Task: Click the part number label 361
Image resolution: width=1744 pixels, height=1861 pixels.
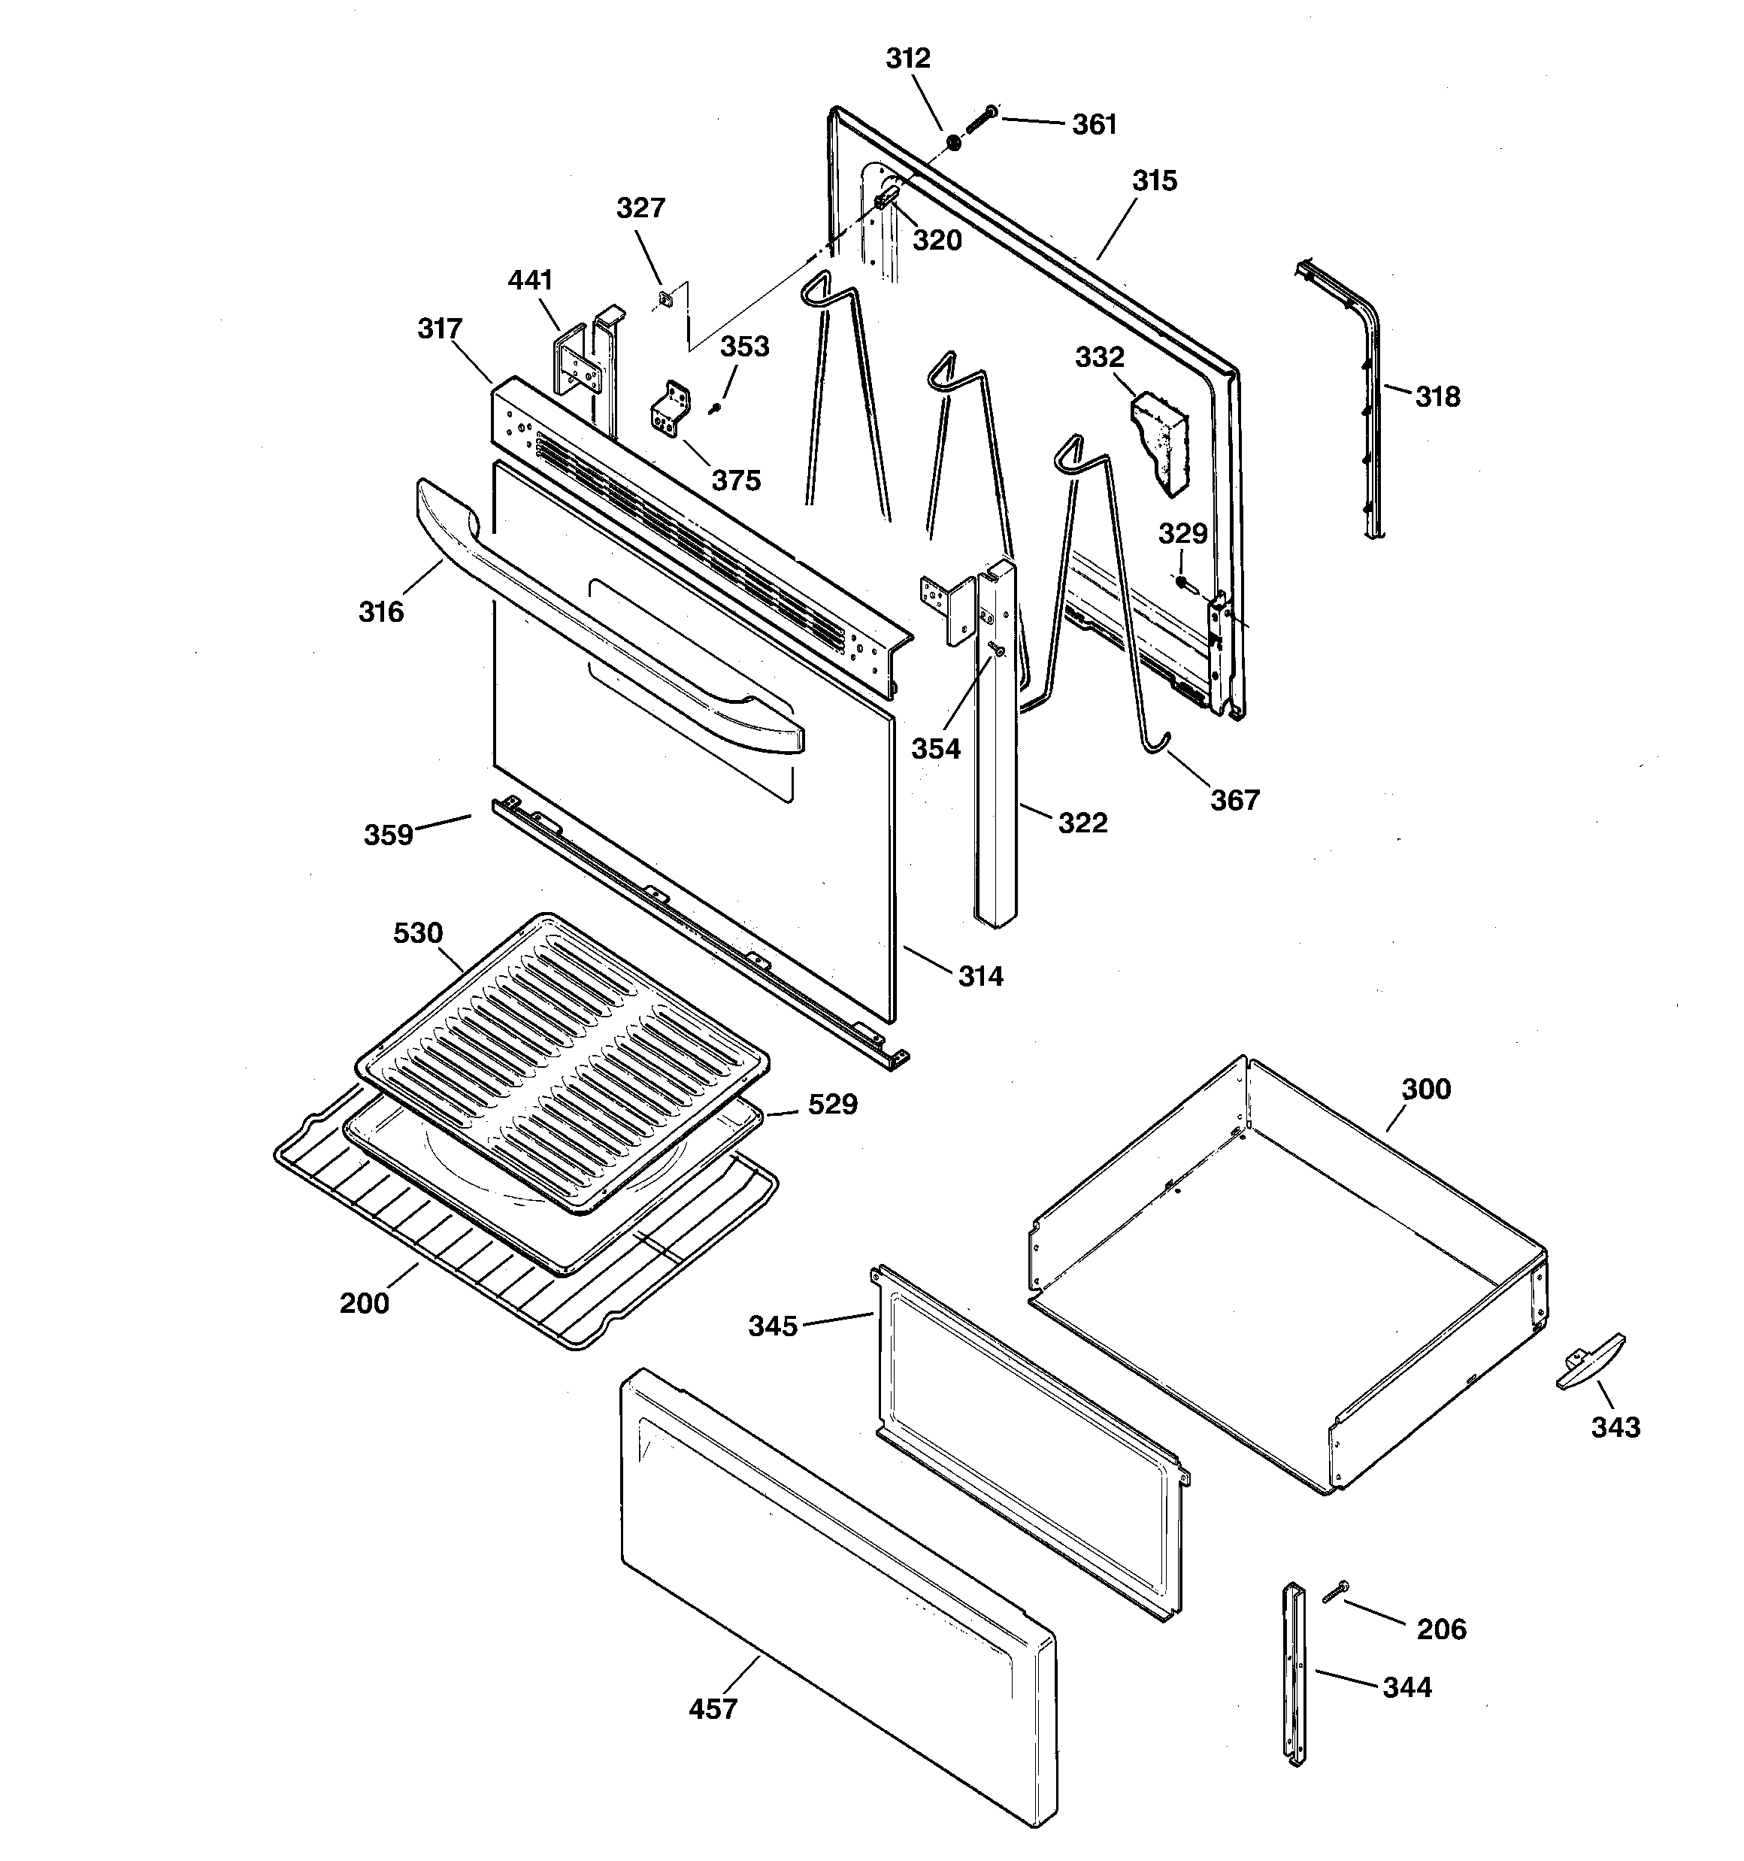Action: pyautogui.click(x=1094, y=125)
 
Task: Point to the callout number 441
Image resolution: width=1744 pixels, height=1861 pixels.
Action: pyautogui.click(x=530, y=280)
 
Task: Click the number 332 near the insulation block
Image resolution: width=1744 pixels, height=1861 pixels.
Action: pyautogui.click(x=1099, y=356)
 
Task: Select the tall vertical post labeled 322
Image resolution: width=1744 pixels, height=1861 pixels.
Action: pyautogui.click(x=995, y=768)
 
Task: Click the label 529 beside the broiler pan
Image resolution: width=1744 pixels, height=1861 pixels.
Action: pyautogui.click(x=832, y=1105)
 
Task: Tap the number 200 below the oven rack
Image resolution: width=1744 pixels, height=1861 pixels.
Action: pyautogui.click(x=364, y=1302)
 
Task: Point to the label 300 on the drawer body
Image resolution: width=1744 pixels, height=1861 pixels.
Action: pyautogui.click(x=1426, y=1089)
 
